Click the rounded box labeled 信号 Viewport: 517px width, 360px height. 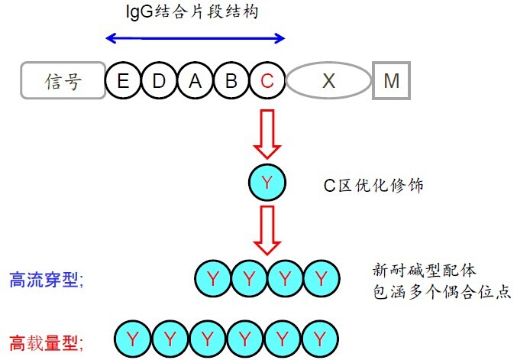[63, 80]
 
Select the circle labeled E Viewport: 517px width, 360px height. [122, 80]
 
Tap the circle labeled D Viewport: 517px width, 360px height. [158, 80]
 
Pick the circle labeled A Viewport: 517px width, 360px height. [195, 80]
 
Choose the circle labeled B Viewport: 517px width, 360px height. [231, 80]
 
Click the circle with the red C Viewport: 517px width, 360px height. [267, 80]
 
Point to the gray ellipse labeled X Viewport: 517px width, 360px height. [328, 80]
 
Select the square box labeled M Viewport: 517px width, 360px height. [391, 80]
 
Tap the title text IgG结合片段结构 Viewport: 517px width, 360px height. [195, 12]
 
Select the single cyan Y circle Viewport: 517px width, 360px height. [267, 183]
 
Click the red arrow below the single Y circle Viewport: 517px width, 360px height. [267, 230]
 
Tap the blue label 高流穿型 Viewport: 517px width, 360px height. [46, 280]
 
